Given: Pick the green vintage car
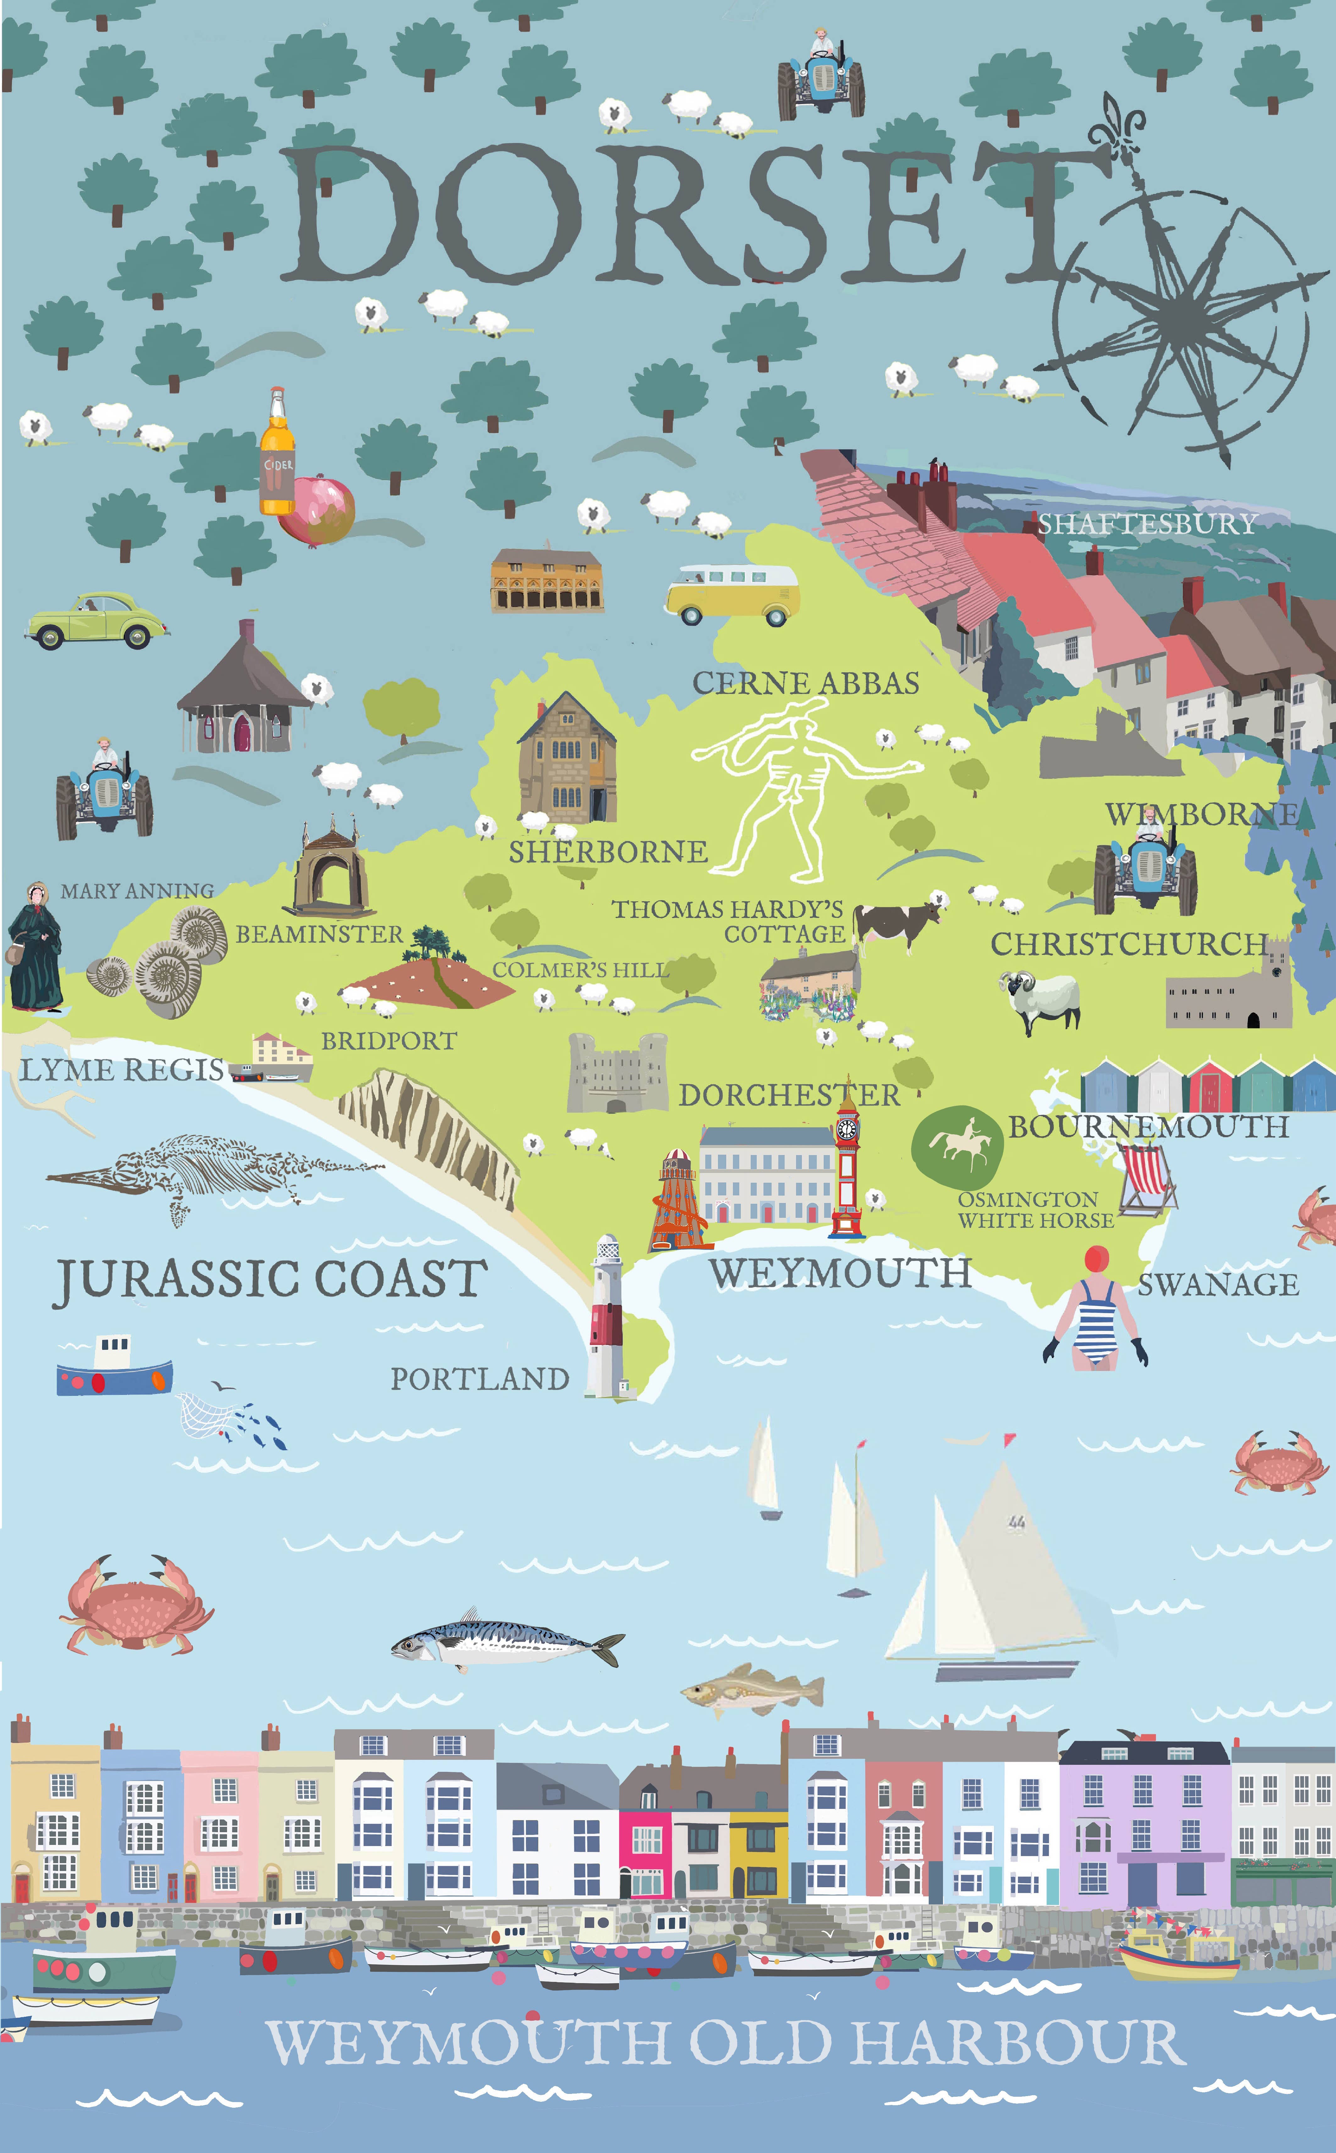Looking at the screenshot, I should (96, 621).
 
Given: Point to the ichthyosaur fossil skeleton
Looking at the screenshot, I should (212, 1170).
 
